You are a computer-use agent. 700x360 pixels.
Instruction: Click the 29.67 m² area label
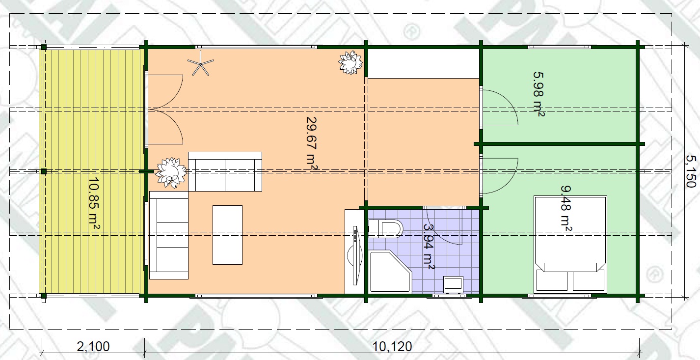[312, 143]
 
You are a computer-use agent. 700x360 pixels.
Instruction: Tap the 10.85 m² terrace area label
[94, 204]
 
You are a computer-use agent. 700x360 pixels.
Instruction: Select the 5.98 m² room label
[539, 94]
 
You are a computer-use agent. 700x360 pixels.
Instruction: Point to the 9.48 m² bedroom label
[566, 209]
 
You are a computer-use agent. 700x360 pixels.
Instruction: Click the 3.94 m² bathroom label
[428, 246]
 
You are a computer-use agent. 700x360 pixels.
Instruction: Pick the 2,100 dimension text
[93, 347]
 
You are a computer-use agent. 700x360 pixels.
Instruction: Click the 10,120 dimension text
[392, 347]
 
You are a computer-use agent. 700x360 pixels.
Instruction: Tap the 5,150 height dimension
[691, 171]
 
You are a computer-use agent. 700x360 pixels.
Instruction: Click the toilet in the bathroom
[386, 229]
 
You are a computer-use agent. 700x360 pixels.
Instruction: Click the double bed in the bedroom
[570, 245]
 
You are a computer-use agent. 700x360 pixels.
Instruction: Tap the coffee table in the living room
[227, 235]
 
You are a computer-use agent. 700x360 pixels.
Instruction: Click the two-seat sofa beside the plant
[225, 171]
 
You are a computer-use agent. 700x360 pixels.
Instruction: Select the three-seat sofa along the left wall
[169, 235]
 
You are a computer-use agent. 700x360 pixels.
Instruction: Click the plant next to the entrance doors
[171, 173]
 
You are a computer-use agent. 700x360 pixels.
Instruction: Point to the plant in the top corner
[350, 62]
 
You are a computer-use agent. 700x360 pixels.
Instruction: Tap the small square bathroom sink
[454, 285]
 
